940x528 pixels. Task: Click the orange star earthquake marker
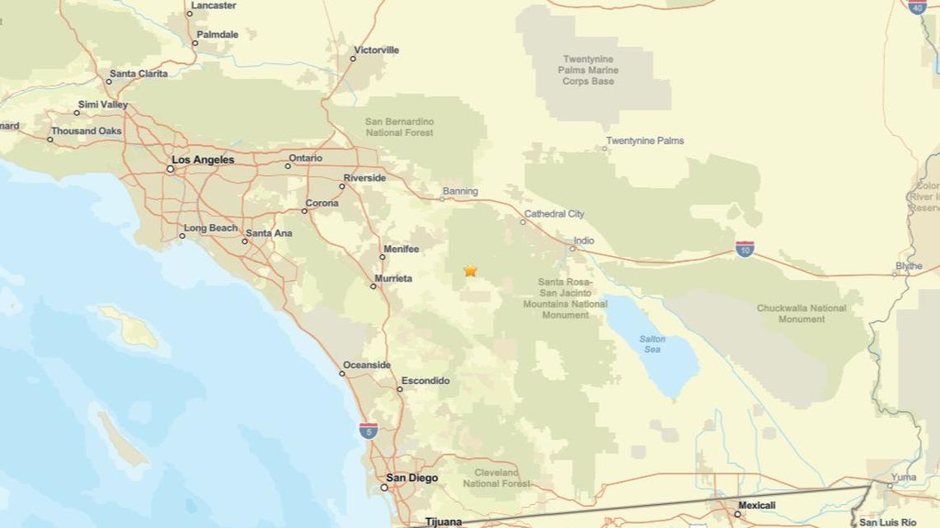tap(470, 270)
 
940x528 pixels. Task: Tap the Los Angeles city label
tap(203, 160)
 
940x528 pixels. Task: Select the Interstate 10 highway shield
tap(745, 249)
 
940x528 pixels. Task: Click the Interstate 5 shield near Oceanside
tap(369, 430)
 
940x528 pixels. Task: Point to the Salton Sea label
tap(652, 344)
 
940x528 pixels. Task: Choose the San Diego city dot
tap(384, 488)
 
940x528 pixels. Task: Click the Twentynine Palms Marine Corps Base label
tap(589, 70)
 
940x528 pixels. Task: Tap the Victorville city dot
tap(353, 58)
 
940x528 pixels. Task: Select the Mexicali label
tap(756, 505)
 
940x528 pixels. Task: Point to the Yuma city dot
tap(890, 486)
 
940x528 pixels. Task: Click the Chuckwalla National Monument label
tap(801, 314)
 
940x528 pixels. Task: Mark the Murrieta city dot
tap(373, 286)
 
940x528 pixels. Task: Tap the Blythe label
tap(909, 266)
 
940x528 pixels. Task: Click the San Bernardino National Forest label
tap(399, 127)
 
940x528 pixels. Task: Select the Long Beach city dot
tap(182, 236)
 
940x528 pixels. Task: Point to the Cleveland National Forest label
tap(496, 478)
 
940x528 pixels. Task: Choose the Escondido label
tap(425, 381)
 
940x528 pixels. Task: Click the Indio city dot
tap(572, 248)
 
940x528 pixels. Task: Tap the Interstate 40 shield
tap(917, 6)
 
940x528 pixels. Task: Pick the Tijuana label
tap(444, 521)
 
